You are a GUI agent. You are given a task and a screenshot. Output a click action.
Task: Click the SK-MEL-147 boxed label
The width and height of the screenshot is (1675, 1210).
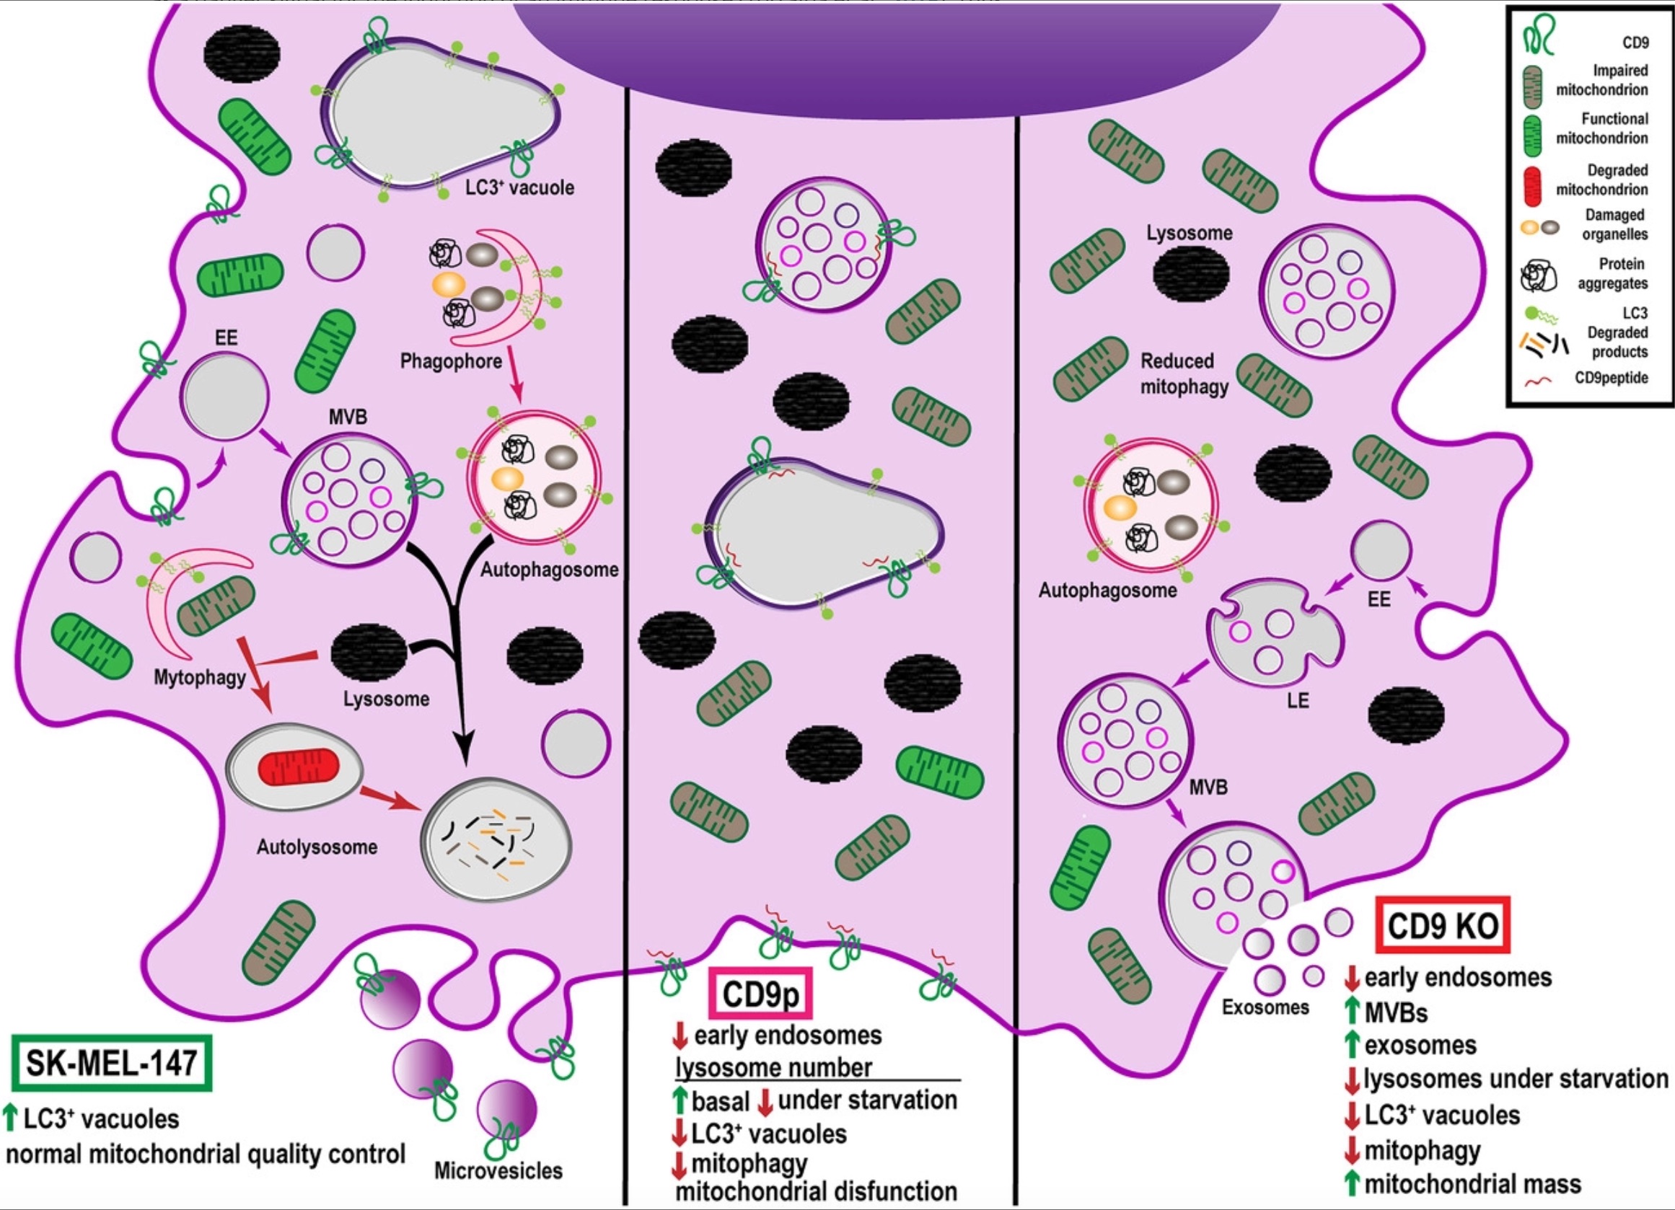[112, 1063]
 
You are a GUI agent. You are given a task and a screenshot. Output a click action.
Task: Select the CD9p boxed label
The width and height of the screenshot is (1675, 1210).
[760, 994]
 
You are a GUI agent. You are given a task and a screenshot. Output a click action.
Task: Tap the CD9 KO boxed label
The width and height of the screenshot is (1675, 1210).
[1443, 925]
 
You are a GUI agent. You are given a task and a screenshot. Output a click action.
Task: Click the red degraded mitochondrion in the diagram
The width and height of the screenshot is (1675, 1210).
[299, 767]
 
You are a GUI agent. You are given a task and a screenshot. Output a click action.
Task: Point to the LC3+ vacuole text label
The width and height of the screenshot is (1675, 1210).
[519, 187]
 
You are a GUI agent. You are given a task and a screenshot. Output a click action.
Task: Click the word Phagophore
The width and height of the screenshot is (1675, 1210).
[451, 361]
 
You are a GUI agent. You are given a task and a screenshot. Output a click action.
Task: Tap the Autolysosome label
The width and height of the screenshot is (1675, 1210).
[317, 846]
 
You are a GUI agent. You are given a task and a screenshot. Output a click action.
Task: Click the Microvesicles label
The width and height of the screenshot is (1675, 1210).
[498, 1170]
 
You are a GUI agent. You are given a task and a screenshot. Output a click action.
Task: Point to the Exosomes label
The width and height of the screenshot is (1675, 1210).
[1265, 1007]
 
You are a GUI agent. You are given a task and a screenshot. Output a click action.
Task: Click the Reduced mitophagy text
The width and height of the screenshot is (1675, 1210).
[1183, 374]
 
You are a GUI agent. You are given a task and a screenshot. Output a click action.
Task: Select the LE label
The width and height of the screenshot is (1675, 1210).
[1298, 700]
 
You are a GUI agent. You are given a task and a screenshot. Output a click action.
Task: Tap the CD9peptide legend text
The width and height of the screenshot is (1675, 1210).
[1611, 378]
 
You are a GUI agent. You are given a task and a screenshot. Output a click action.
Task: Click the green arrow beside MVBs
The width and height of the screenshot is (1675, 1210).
[1353, 1012]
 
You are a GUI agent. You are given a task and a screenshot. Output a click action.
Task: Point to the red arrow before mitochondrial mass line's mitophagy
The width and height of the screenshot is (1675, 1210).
[1353, 1150]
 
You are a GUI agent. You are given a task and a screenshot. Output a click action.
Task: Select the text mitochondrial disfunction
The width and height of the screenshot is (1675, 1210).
[816, 1191]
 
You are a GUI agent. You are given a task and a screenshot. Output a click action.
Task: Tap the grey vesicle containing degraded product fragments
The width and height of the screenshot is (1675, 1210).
[496, 840]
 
